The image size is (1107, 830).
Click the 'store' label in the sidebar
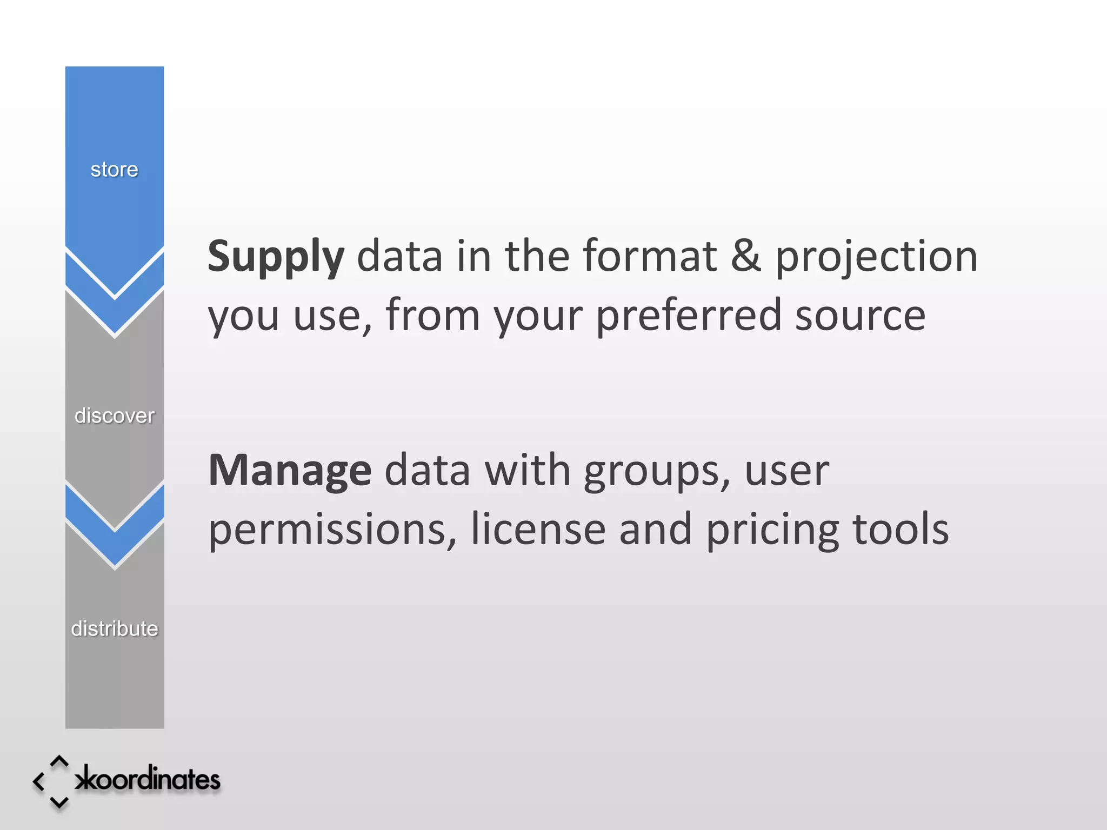[114, 170]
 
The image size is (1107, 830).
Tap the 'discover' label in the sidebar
[114, 416]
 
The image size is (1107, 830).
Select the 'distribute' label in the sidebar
[114, 628]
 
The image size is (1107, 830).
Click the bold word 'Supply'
[276, 257]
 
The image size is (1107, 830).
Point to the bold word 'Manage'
[290, 471]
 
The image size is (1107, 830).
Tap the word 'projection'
[876, 257]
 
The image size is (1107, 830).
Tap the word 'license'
[538, 529]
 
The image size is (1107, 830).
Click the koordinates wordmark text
[148, 779]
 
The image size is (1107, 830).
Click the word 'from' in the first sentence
[432, 315]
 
